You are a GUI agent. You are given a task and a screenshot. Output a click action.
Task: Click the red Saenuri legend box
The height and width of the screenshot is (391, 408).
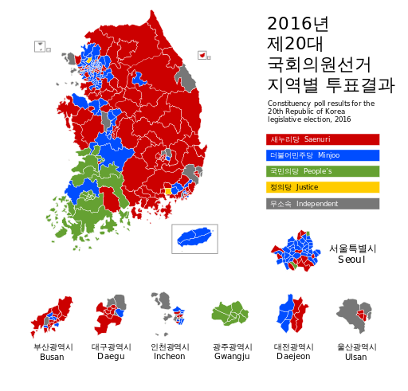coord(322,139)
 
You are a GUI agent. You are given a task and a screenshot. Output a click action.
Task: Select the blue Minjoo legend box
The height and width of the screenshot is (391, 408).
coord(322,155)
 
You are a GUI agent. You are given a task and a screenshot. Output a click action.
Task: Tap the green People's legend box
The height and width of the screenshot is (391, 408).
coord(322,171)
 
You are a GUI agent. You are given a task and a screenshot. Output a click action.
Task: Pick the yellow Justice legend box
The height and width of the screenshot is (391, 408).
coord(322,187)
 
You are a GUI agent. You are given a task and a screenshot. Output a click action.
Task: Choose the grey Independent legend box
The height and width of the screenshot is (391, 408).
coord(322,204)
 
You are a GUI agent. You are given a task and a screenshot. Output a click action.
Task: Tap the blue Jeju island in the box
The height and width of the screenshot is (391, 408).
coord(194,238)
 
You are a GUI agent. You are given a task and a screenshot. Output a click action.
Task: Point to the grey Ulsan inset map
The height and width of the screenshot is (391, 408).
coord(353,315)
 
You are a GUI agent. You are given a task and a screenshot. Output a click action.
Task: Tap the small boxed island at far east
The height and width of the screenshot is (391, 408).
coord(203,55)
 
